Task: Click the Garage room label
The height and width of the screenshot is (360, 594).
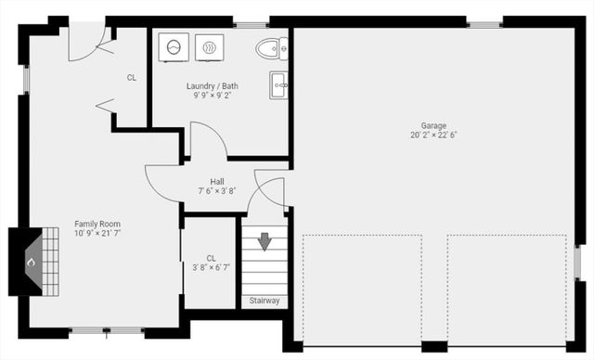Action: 433,125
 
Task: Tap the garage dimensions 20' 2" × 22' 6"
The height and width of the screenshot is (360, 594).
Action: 433,135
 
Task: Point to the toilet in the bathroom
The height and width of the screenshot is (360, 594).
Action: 272,47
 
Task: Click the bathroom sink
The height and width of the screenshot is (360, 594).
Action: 278,84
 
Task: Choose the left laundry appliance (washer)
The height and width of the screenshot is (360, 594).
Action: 174,46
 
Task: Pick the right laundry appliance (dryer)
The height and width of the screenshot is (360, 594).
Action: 210,46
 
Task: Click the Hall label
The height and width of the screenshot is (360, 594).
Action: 217,181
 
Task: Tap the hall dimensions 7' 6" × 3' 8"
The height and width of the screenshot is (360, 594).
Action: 217,191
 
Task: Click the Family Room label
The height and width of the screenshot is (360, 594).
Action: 97,224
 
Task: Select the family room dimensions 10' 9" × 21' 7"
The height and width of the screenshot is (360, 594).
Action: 97,234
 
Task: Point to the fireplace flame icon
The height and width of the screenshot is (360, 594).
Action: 31,263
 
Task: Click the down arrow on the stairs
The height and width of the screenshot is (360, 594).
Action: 265,241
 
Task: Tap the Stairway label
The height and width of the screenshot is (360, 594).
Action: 265,301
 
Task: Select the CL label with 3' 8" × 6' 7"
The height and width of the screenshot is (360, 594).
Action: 212,258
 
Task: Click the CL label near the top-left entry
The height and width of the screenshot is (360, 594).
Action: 132,78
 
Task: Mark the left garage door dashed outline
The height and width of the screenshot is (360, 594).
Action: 362,288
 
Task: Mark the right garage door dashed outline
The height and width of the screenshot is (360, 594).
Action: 506,288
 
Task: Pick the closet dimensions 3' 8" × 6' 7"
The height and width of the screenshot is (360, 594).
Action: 212,268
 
